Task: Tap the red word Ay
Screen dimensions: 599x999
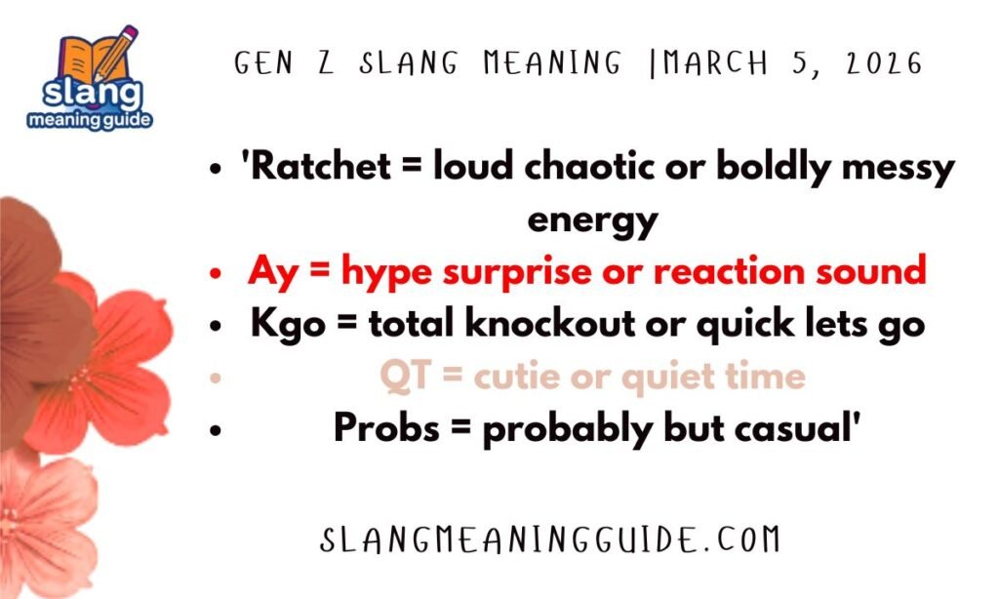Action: (x=269, y=271)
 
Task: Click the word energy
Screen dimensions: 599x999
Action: (x=593, y=220)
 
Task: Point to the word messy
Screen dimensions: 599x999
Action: (x=898, y=168)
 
